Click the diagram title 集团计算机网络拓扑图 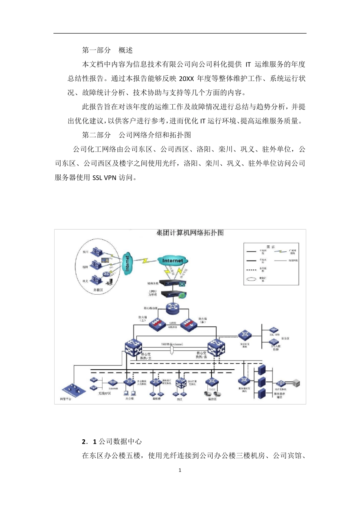click(190, 233)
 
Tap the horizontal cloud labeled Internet click(172, 261)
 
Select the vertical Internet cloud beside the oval click(127, 263)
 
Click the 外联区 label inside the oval click(98, 290)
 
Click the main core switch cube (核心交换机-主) click(133, 348)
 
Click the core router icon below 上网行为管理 click(173, 308)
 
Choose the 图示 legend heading click(271, 247)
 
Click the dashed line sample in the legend click(251, 270)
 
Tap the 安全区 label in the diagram click(285, 338)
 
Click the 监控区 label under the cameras click(212, 399)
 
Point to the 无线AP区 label click(104, 393)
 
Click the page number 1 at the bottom click(180, 470)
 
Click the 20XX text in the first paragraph click(186, 79)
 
